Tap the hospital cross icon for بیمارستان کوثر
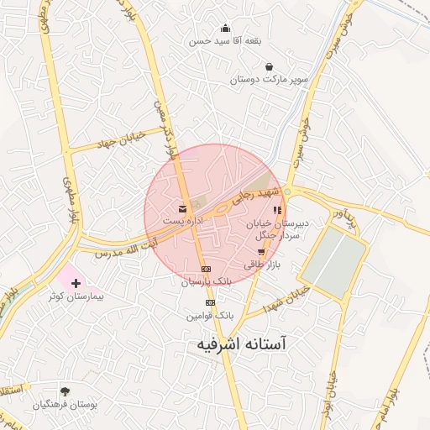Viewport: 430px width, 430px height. tap(77, 283)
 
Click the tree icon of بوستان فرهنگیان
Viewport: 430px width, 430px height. tap(65, 391)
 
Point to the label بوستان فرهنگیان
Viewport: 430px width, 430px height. tap(66, 405)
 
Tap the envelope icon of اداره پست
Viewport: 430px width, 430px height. tap(181, 208)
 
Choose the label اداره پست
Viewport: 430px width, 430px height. tap(184, 220)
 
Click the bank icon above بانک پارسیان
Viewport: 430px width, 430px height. tap(206, 269)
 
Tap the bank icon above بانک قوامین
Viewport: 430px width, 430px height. tap(211, 302)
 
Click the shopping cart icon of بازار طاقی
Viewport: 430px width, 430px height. tap(261, 251)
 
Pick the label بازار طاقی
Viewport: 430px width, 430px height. tap(260, 264)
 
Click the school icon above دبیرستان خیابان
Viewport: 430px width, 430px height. tap(277, 210)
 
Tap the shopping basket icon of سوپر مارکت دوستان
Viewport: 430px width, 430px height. tap(269, 66)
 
